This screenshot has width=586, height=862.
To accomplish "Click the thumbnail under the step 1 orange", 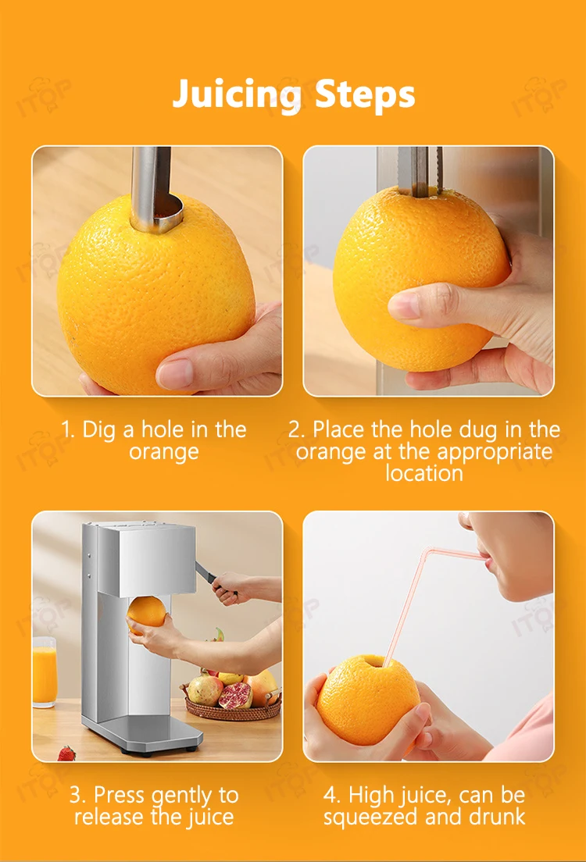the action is click(x=175, y=372).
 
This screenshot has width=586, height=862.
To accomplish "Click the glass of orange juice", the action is click(x=45, y=671).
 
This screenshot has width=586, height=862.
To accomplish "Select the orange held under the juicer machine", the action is click(x=146, y=614).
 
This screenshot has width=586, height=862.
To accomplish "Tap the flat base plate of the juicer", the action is click(x=143, y=732).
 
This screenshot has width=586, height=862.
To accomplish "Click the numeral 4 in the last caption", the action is click(x=331, y=796).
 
